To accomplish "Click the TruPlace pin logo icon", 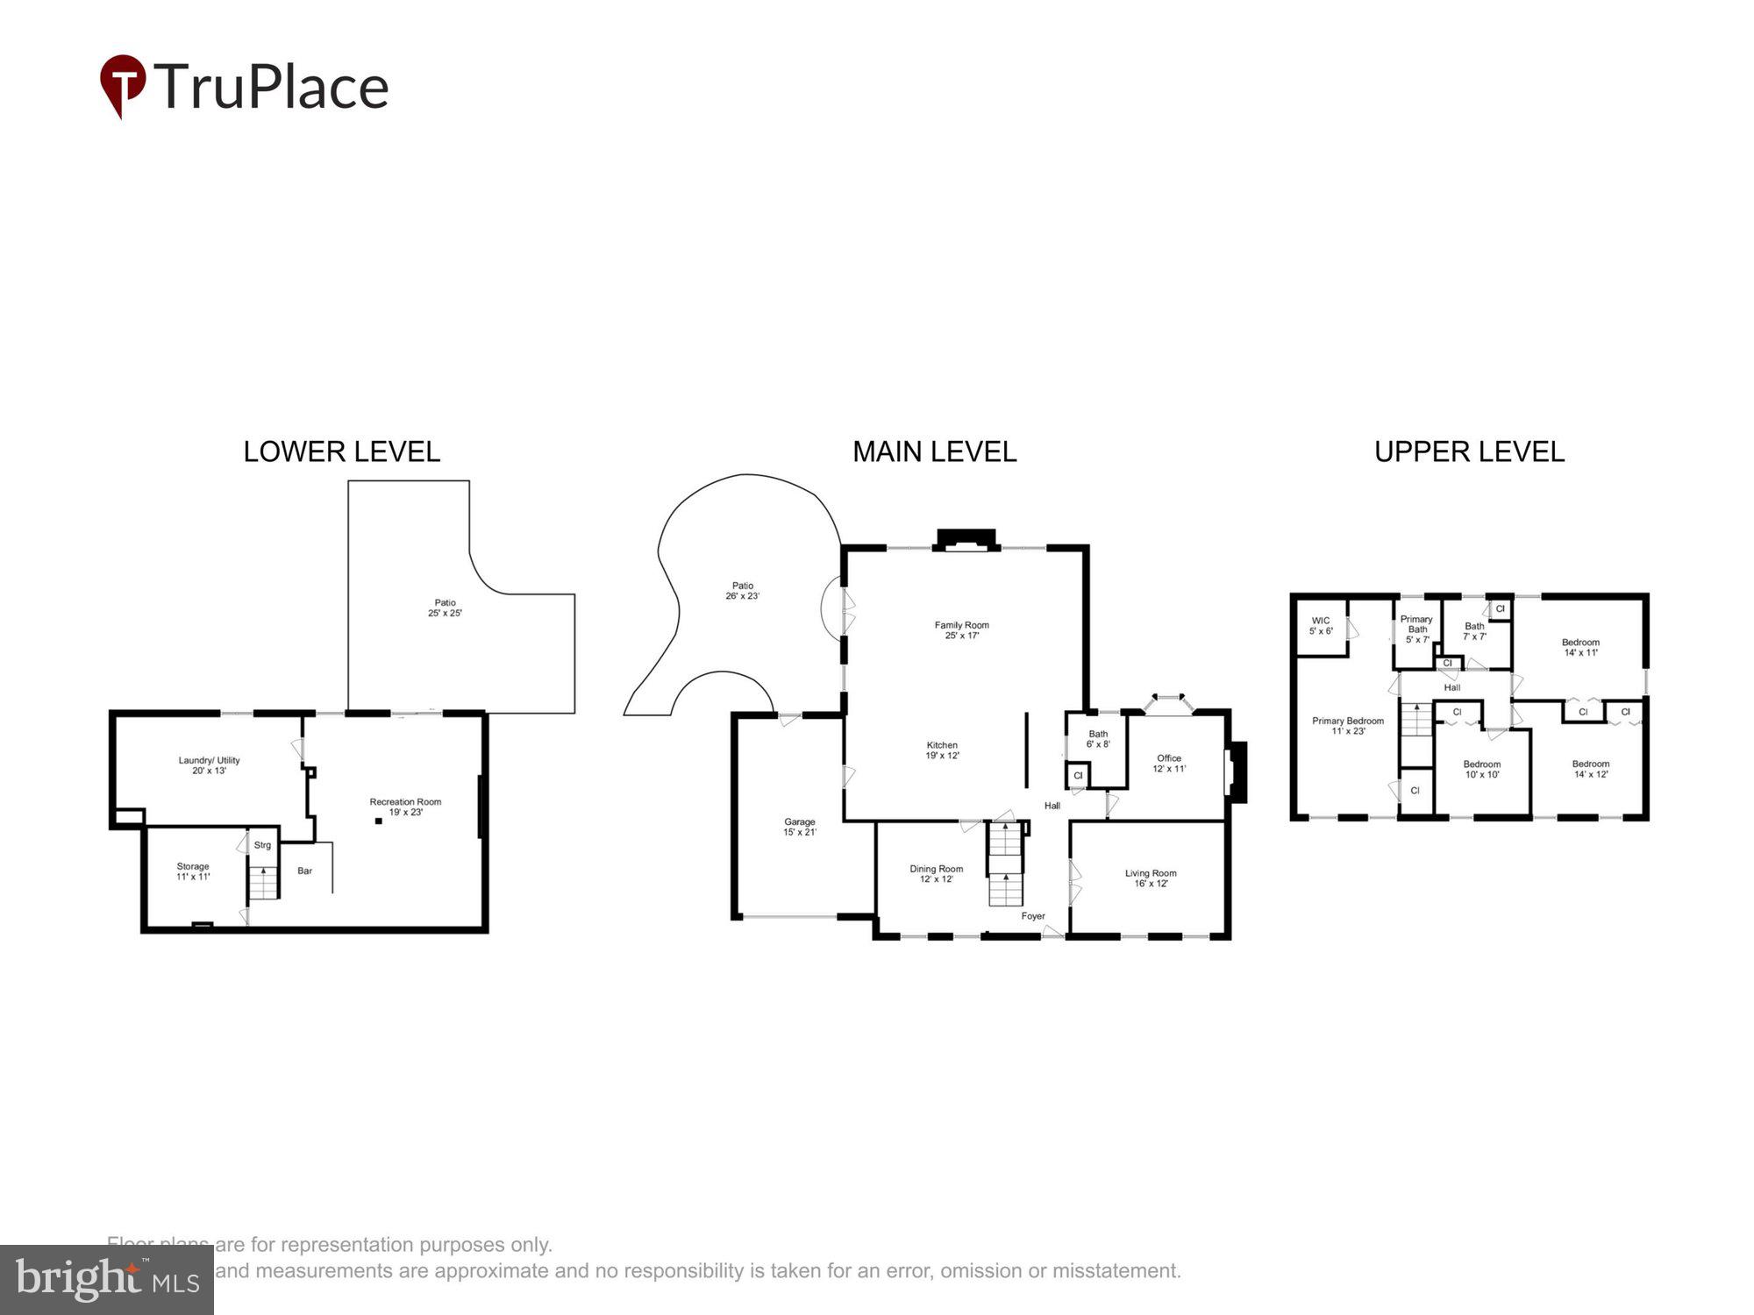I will pos(123,85).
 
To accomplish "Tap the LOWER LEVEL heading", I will pos(341,451).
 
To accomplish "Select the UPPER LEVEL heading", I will pos(1469,451).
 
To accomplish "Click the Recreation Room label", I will pos(405,807).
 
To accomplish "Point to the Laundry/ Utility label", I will pos(209,764).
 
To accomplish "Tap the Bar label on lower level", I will pos(304,871).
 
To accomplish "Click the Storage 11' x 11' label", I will pos(193,871).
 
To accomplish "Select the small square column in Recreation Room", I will pos(379,821).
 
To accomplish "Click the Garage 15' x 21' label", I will pos(799,827).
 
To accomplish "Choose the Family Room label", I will pos(961,629).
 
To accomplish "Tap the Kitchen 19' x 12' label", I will pos(942,750).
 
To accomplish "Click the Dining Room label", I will pos(936,873).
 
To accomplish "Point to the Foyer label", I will pos(1033,916).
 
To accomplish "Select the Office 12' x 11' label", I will pos(1168,763).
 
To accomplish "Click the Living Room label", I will pos(1151,878).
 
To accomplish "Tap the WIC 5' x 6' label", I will pos(1320,625).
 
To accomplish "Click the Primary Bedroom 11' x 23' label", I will pos(1347,725).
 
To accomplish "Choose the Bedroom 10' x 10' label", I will pos(1481,769).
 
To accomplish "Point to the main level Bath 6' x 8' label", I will pos(1098,738).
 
